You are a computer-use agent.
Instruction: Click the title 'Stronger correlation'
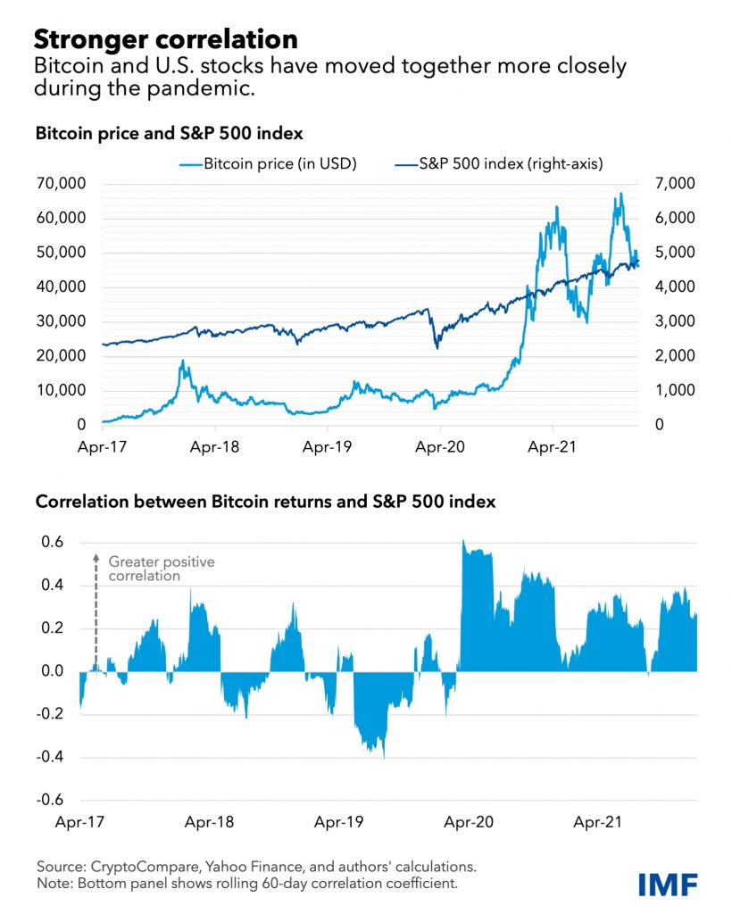(x=165, y=39)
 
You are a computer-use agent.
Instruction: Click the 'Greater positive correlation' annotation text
(x=162, y=569)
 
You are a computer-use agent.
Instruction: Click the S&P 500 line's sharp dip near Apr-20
(x=437, y=346)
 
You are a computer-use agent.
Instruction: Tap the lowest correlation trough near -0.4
(x=383, y=755)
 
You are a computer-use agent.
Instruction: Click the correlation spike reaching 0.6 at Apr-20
(x=463, y=543)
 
